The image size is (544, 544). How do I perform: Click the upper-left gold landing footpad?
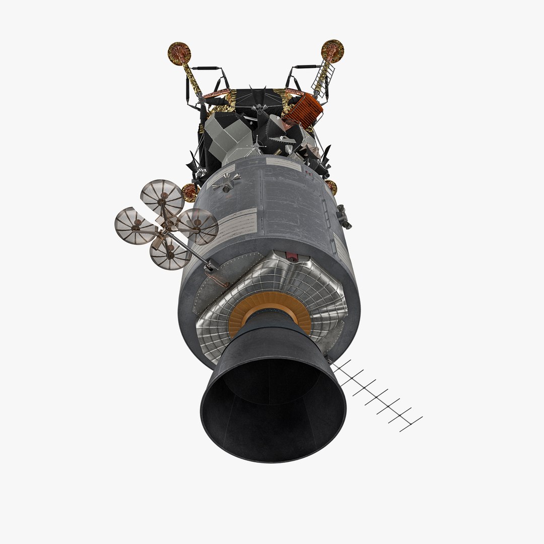(x=180, y=52)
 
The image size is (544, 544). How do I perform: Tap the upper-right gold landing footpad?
(x=332, y=50)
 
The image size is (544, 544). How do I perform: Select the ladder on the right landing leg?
(x=320, y=78)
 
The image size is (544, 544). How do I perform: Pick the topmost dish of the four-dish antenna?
(x=162, y=197)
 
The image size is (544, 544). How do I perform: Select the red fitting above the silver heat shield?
(x=291, y=257)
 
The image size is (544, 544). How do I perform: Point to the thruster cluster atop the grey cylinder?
(x=226, y=182)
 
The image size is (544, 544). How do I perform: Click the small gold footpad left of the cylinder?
(x=189, y=192)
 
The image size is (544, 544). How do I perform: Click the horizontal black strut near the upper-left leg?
(x=205, y=67)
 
